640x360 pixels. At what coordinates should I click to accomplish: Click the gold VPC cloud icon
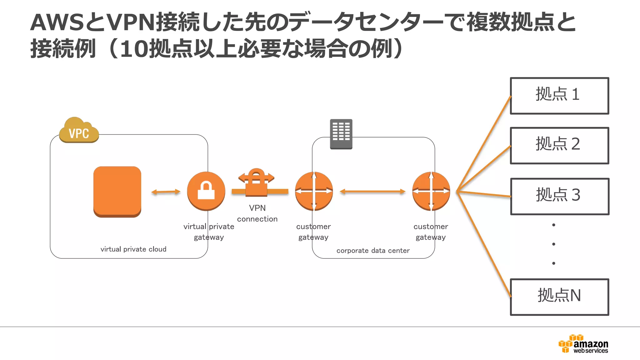[x=79, y=131]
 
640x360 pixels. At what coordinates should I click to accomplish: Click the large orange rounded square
[x=117, y=191]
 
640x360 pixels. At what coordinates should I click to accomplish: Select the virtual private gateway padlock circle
[x=206, y=191]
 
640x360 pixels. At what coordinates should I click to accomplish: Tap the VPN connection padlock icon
[x=257, y=183]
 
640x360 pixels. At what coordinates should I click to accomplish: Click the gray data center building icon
[x=341, y=134]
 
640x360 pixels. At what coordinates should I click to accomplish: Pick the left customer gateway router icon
[x=314, y=191]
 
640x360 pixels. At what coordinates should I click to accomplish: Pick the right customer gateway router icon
[x=431, y=191]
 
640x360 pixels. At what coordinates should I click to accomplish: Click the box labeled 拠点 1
[x=559, y=96]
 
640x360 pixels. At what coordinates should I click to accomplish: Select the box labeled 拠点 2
[x=559, y=145]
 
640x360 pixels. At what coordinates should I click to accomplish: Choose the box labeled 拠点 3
[x=559, y=196]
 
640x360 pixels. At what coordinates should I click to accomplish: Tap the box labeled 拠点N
[x=559, y=297]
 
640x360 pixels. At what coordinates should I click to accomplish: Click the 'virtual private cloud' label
[x=133, y=249]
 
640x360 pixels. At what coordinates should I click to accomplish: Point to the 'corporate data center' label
[x=373, y=250]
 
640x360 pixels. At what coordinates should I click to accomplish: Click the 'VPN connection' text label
[x=257, y=213]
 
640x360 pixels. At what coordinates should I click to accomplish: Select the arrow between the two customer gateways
[x=372, y=191]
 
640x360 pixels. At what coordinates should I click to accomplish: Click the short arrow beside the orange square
[x=166, y=192]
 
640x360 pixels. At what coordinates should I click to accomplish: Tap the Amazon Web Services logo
[x=583, y=344]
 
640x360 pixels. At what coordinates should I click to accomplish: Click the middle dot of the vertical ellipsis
[x=553, y=244]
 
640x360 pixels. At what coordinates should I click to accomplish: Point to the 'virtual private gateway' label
[x=209, y=232]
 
